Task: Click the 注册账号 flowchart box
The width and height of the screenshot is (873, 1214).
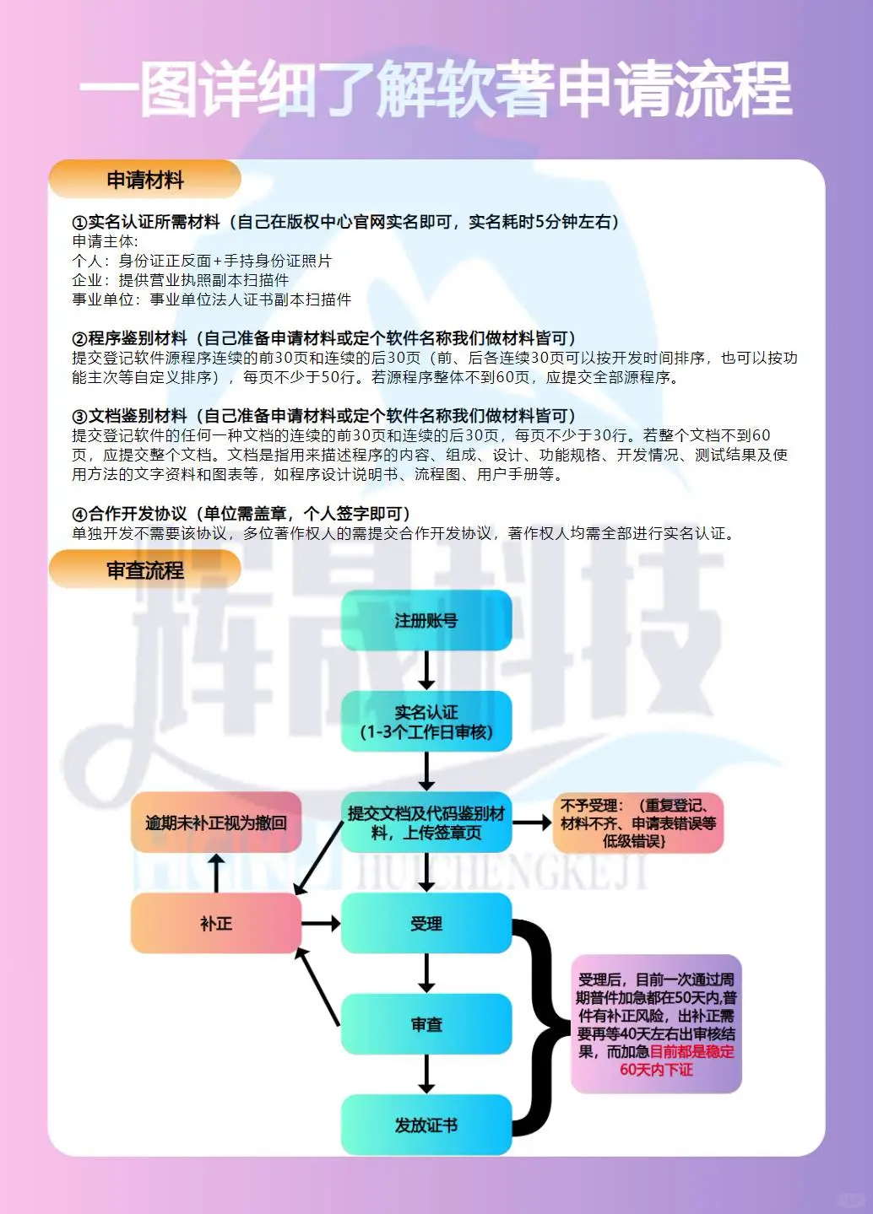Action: (426, 620)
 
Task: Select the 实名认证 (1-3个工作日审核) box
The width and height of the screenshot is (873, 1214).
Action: (426, 721)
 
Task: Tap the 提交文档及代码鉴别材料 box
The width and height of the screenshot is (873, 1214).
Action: (426, 823)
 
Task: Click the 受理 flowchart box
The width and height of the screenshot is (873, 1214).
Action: (426, 924)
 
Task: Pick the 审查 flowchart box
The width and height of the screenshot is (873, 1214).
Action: (426, 1024)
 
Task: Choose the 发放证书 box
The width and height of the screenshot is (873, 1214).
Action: (426, 1125)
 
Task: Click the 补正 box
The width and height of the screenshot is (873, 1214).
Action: (216, 924)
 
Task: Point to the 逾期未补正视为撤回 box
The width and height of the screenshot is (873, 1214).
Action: (216, 823)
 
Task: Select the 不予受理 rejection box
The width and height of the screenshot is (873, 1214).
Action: (637, 823)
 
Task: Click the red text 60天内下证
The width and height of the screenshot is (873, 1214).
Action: (656, 1070)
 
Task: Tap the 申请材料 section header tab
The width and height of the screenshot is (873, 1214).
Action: (145, 180)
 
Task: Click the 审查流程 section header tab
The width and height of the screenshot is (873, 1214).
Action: (145, 570)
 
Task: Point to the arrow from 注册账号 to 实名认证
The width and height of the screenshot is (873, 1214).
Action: (426, 671)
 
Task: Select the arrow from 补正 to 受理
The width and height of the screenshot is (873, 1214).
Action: (321, 924)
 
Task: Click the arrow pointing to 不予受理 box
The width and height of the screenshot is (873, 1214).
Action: (532, 823)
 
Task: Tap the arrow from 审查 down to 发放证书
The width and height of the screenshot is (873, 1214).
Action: (426, 1075)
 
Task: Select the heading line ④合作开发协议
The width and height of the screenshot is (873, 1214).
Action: (241, 514)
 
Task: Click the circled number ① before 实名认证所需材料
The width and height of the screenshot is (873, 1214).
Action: (79, 223)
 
